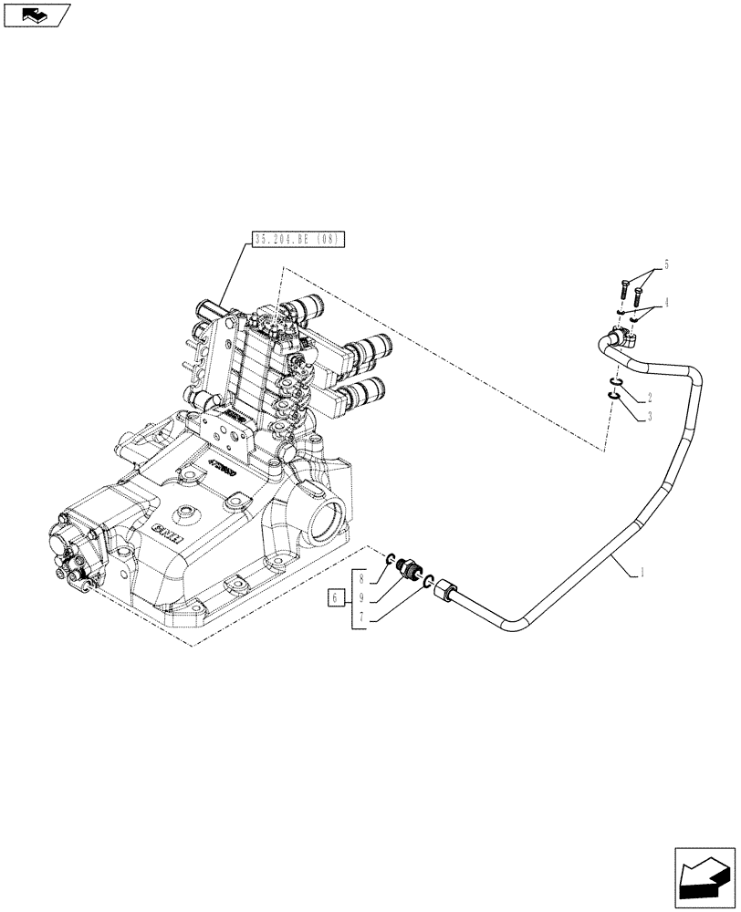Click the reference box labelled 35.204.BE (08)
pos(296,241)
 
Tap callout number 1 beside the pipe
pos(643,572)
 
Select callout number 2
pos(649,398)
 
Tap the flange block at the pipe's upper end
pos(623,340)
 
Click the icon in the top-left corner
pos(37,15)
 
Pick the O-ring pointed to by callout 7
pos(428,579)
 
